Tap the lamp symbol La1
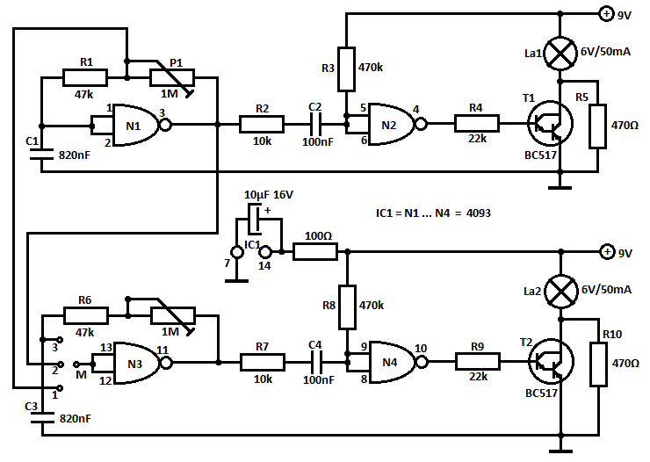[x=560, y=53]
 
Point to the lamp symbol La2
[x=561, y=292]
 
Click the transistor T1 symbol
[x=550, y=124]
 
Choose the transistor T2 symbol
[x=551, y=362]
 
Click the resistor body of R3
[x=346, y=69]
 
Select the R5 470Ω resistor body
[x=598, y=126]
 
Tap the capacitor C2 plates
[x=316, y=124]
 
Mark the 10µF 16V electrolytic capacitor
[x=255, y=219]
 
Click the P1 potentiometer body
[x=172, y=77]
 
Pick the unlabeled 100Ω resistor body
[x=315, y=251]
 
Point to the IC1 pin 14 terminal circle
[x=265, y=251]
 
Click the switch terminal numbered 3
[x=60, y=340]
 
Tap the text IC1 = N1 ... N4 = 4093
[x=433, y=213]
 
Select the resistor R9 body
[x=478, y=362]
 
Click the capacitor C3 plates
[x=42, y=417]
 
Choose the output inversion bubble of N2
[x=421, y=124]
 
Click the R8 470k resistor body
[x=347, y=307]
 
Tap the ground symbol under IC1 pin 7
[x=236, y=281]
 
